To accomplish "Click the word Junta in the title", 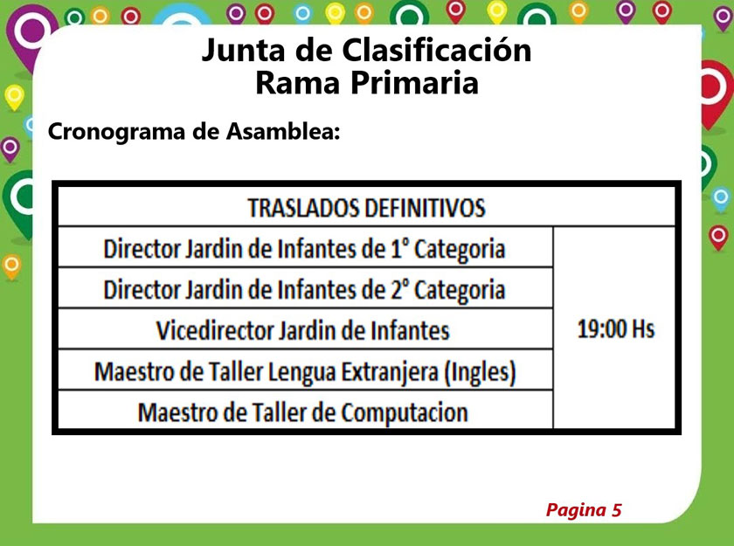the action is [x=243, y=51].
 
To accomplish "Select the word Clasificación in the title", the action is [x=437, y=50].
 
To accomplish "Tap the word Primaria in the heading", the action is [x=414, y=83].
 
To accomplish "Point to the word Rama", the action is [x=297, y=83].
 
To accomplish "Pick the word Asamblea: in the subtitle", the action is [x=283, y=131].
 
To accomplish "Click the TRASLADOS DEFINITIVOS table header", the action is [x=366, y=208].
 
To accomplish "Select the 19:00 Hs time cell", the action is [x=615, y=328].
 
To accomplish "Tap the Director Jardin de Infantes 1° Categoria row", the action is [x=304, y=249].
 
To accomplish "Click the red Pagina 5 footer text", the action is [x=584, y=510].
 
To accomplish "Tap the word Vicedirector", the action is [x=215, y=331].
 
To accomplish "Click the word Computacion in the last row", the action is [x=405, y=413].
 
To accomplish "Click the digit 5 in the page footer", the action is [x=617, y=509].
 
